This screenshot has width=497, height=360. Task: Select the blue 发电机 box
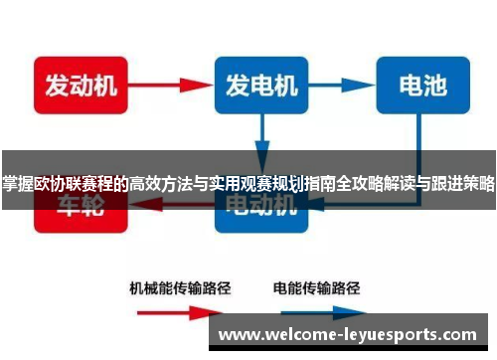click(261, 86)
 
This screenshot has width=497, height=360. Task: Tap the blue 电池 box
click(422, 86)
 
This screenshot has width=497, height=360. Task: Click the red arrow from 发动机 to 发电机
click(169, 86)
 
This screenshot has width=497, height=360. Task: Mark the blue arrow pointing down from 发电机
click(261, 133)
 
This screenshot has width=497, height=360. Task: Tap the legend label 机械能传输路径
click(181, 289)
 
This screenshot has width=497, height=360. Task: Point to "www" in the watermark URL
click(240, 334)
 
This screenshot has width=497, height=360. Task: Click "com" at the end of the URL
click(470, 334)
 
